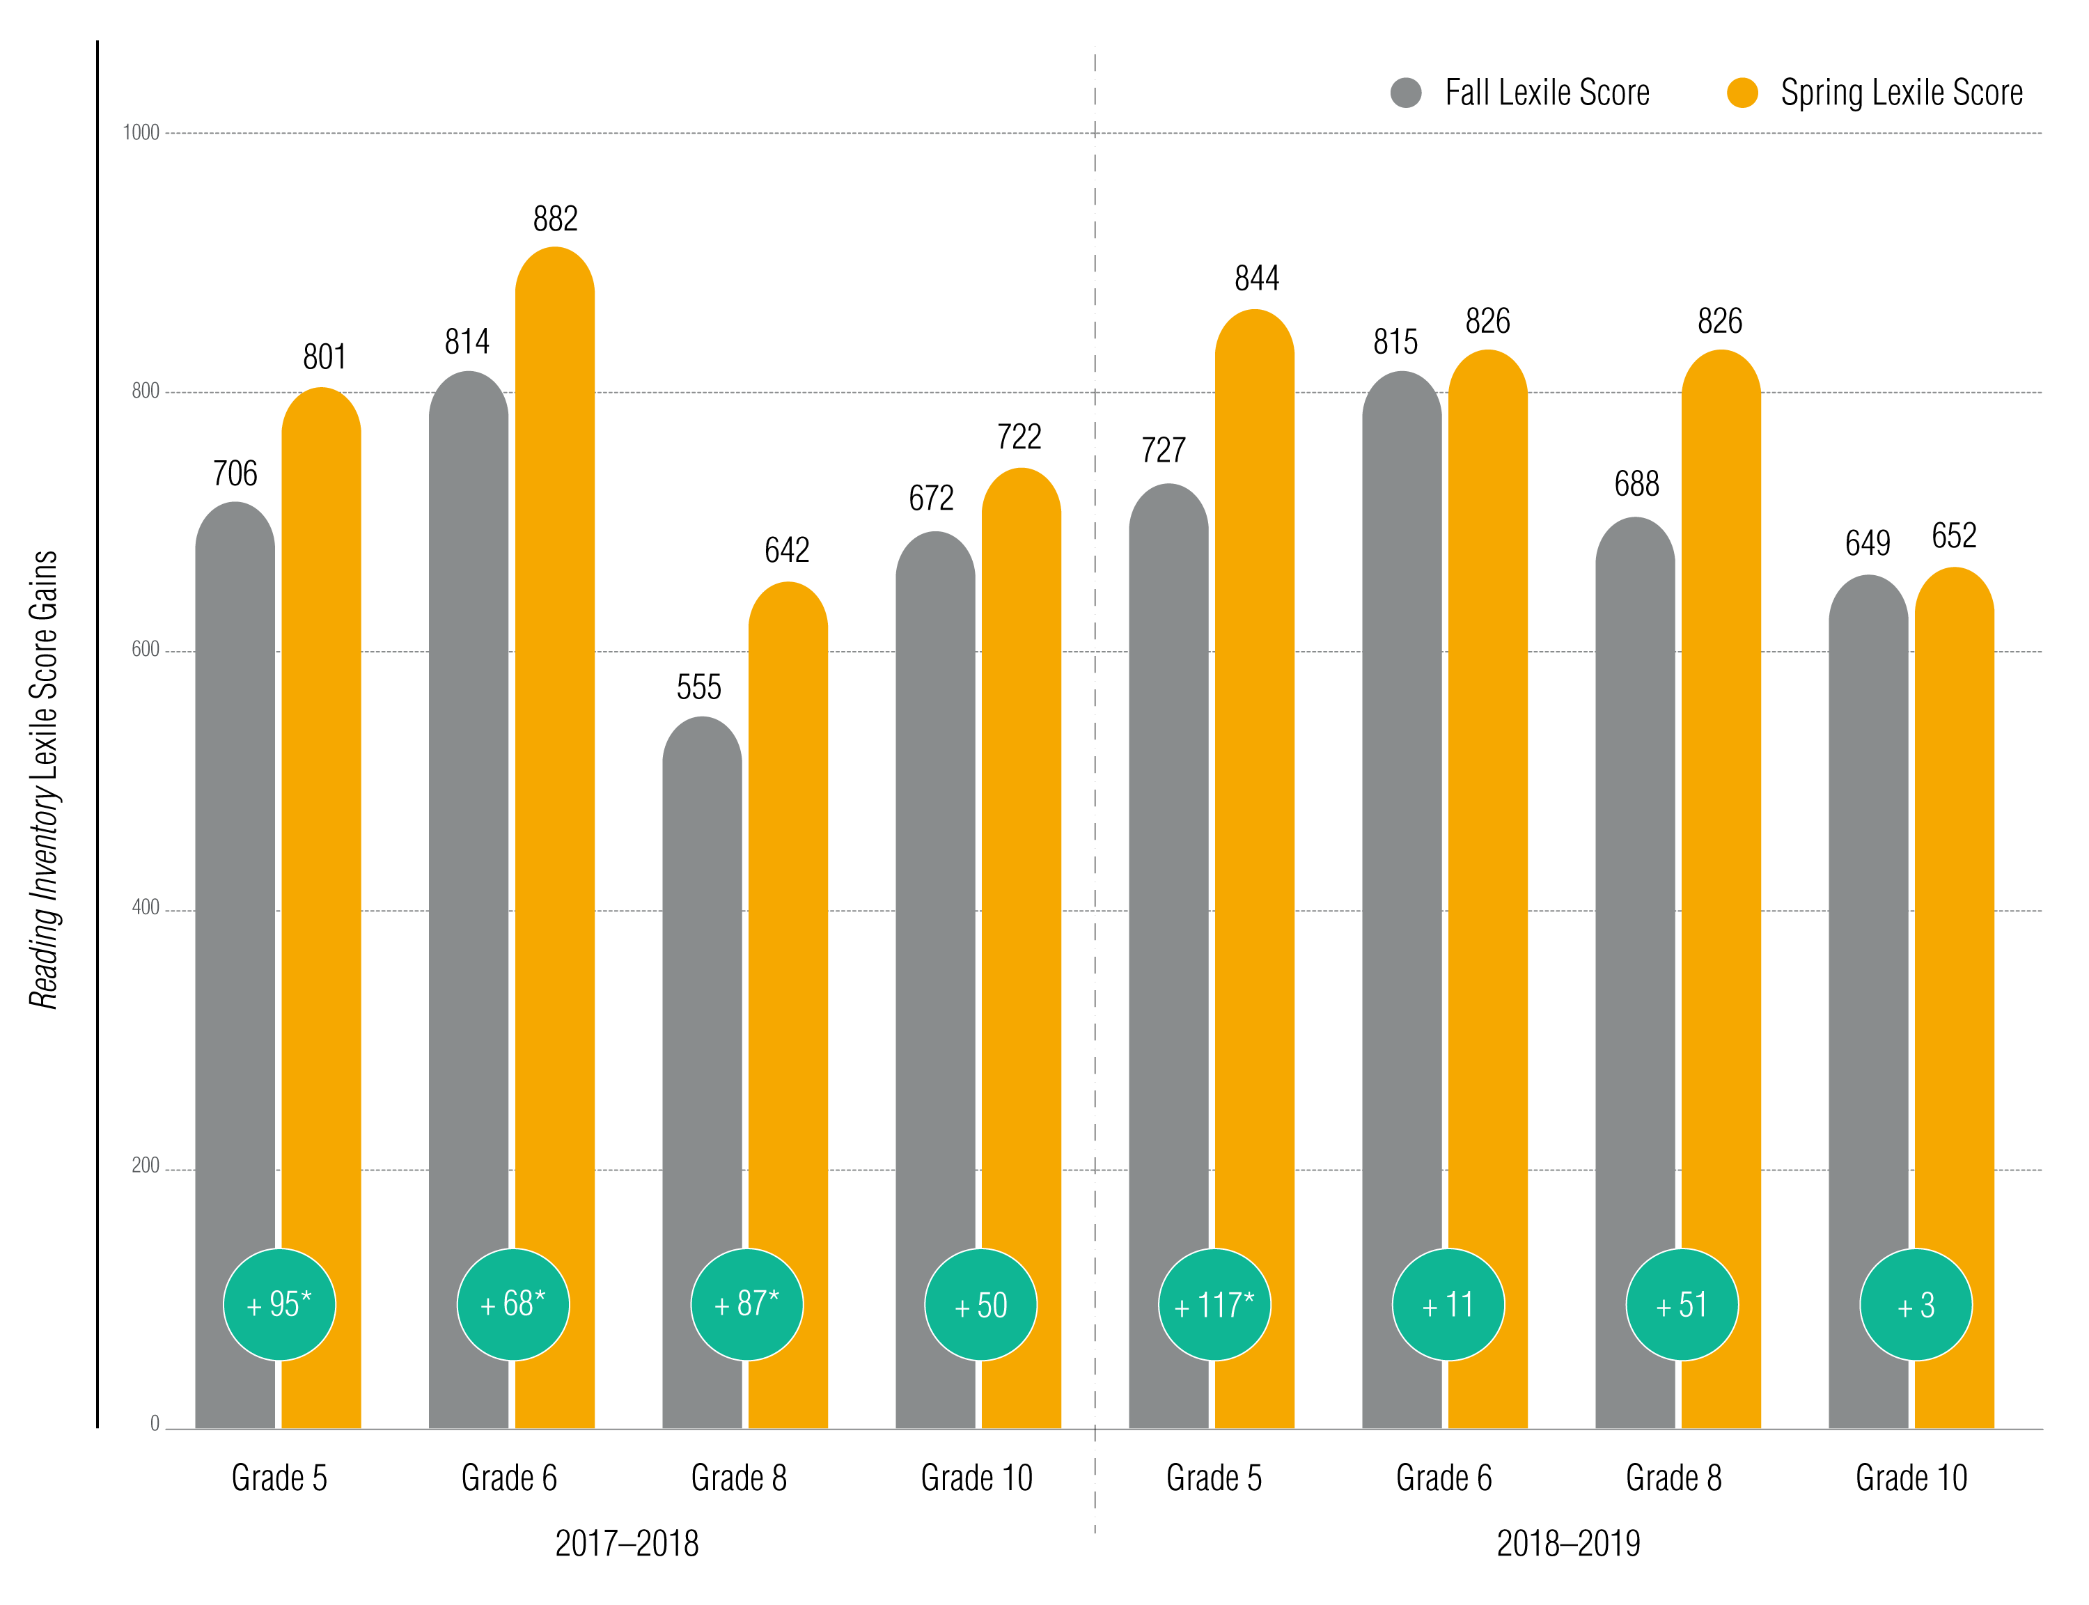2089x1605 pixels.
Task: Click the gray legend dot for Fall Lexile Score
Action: [x=1406, y=93]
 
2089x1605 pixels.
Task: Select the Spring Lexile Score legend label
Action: [x=1901, y=93]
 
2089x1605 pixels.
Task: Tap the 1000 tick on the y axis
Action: [x=141, y=133]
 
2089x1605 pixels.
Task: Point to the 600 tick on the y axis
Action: [x=146, y=650]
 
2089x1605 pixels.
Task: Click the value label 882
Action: [x=555, y=219]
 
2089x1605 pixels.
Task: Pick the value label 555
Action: [x=699, y=687]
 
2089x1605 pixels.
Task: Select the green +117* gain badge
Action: [x=1214, y=1305]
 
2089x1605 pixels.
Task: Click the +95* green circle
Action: [x=279, y=1305]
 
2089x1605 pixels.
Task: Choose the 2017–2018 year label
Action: [x=627, y=1543]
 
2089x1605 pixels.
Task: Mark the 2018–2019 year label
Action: [x=1567, y=1543]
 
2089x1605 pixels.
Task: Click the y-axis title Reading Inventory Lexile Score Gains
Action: [x=44, y=780]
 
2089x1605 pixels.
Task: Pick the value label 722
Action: [x=1019, y=437]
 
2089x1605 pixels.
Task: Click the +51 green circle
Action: [x=1682, y=1305]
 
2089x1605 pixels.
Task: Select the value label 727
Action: [x=1164, y=450]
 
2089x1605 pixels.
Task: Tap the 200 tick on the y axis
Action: [x=146, y=1166]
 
